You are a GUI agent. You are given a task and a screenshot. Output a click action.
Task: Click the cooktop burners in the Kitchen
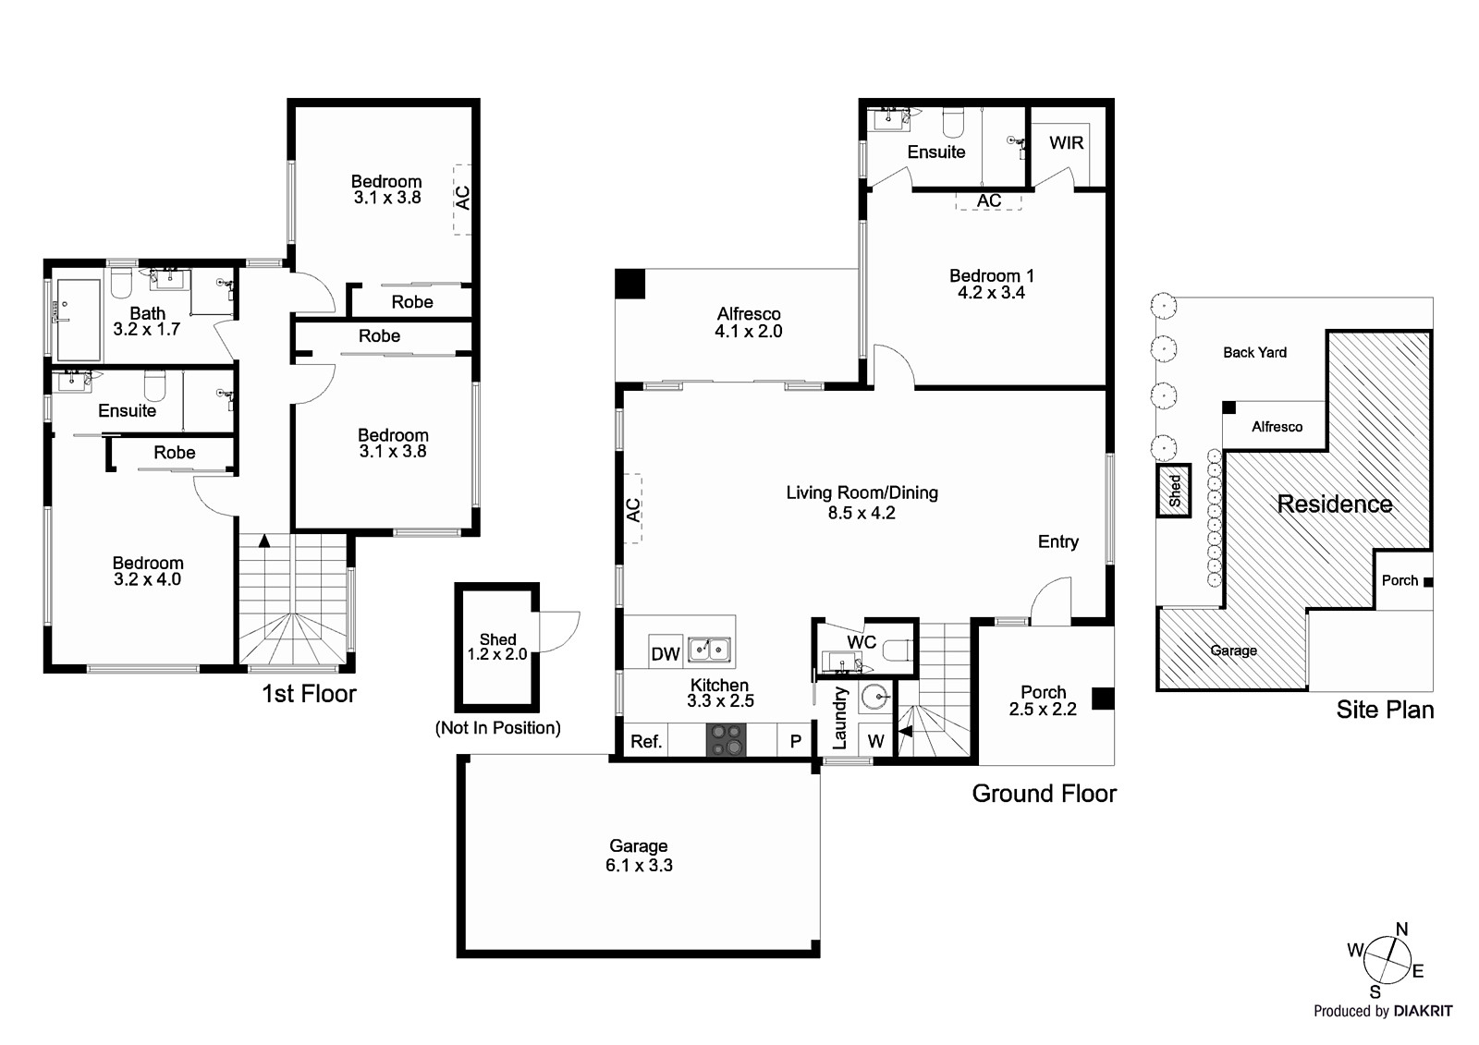[x=726, y=740]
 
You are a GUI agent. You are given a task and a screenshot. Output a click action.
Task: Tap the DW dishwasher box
[x=665, y=654]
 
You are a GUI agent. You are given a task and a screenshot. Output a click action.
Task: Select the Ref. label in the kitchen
[x=645, y=741]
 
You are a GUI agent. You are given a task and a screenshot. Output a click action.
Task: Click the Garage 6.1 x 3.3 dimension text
[x=639, y=866]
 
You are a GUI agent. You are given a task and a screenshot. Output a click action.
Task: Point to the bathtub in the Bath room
[x=79, y=319]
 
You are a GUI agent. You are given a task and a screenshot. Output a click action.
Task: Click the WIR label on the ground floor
[x=1066, y=143]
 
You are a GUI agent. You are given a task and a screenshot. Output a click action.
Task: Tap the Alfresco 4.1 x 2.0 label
[x=748, y=322]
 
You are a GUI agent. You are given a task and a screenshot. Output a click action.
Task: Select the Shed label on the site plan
[x=1174, y=491]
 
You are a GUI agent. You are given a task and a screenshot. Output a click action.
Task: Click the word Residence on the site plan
[x=1334, y=504]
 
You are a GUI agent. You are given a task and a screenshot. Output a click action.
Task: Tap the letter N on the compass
[x=1401, y=930]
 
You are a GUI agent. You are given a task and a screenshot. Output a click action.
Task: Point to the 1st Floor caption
[x=309, y=694]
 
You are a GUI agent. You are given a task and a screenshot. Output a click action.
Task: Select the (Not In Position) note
[x=497, y=728]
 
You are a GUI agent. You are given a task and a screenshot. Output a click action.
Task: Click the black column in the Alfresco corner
[x=629, y=284]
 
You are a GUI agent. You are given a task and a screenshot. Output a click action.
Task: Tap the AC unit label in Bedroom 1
[x=988, y=200]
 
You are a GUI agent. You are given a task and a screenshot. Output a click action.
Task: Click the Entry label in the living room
[x=1057, y=541]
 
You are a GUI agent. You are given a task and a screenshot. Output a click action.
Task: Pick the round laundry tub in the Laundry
[x=874, y=697]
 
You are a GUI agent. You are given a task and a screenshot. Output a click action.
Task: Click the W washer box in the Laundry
[x=875, y=741]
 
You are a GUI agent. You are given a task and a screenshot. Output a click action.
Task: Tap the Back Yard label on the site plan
[x=1253, y=352]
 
